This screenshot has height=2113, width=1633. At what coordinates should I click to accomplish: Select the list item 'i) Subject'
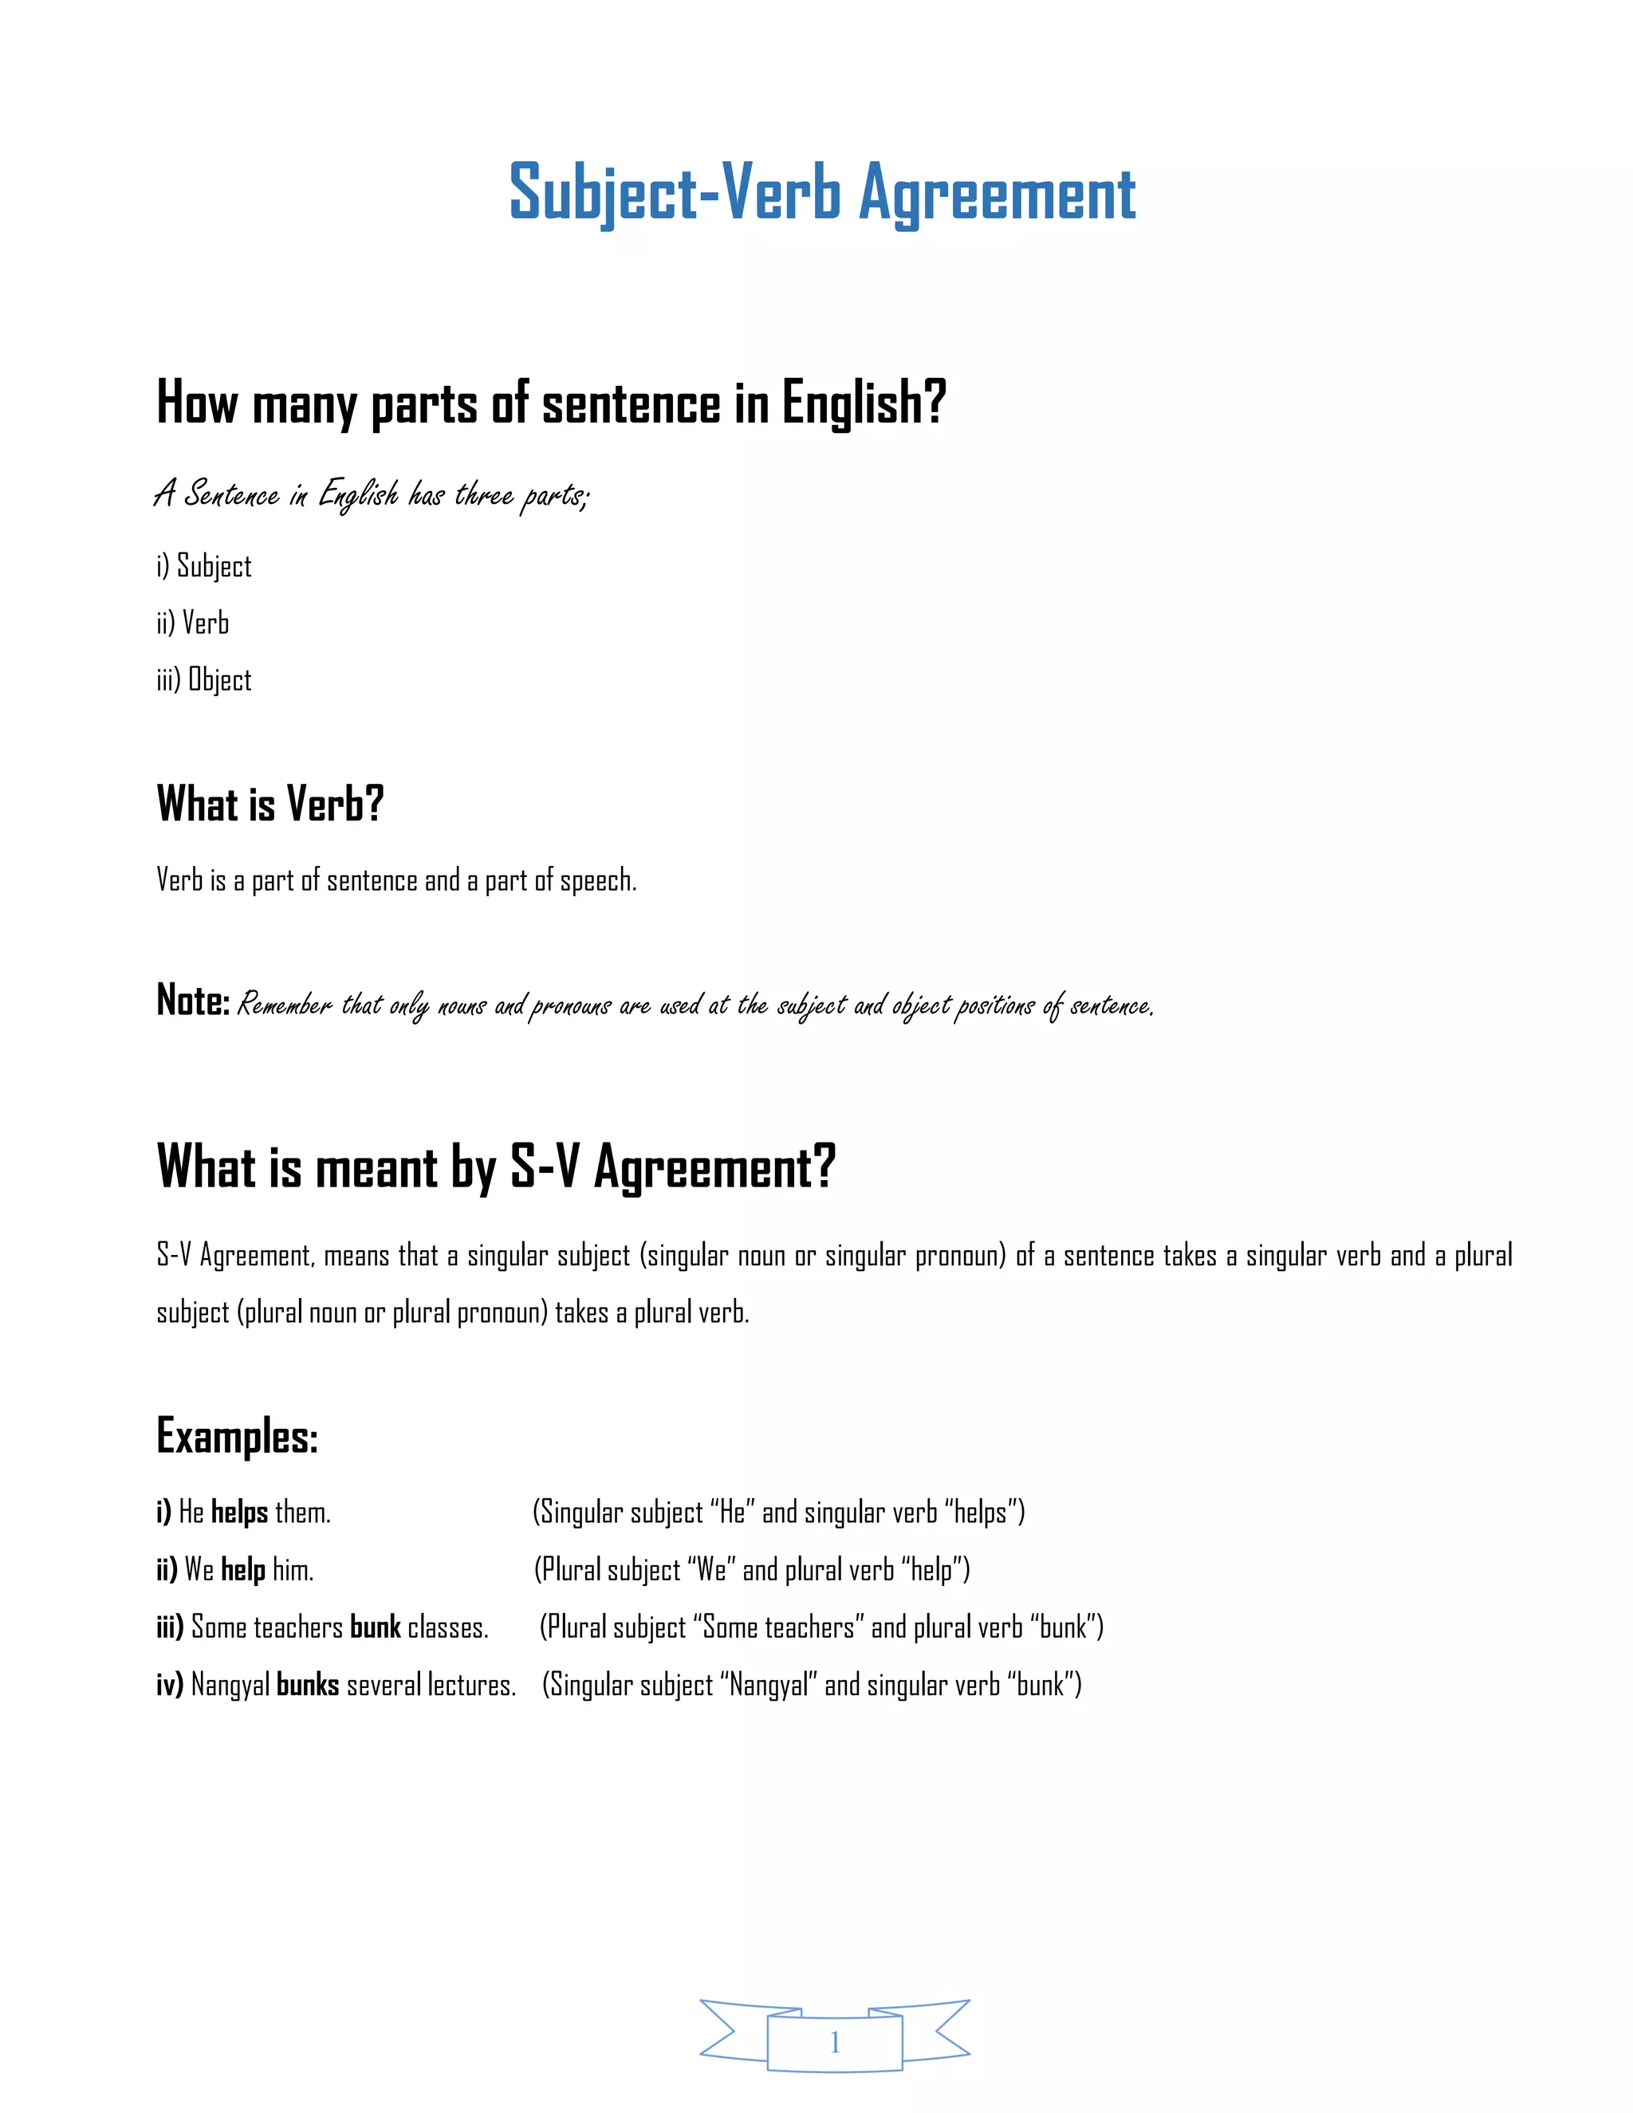tap(204, 566)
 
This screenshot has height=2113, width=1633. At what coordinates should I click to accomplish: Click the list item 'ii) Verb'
tap(192, 623)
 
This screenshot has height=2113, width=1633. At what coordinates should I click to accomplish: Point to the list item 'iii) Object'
tap(204, 680)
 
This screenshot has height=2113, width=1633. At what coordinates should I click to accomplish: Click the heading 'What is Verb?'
tap(270, 804)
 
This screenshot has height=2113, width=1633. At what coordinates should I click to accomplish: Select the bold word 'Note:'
tap(192, 1001)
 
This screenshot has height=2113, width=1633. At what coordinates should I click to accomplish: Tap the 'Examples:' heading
tap(237, 1436)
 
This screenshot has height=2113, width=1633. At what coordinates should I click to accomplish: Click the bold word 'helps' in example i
tap(239, 1512)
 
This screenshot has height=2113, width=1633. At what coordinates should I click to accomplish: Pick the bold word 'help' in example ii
tap(243, 1569)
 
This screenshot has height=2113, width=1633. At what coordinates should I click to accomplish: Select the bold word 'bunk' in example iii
tap(376, 1627)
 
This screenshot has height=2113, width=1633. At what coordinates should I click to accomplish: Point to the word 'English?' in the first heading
tap(863, 403)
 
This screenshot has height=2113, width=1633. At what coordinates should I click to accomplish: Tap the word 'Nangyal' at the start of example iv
tap(230, 1686)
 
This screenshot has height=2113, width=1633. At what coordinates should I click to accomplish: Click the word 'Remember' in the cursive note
tap(285, 1005)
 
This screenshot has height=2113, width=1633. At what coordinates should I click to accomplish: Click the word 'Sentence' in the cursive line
tap(231, 494)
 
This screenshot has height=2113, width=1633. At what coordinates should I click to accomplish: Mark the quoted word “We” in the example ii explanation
tap(711, 1569)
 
